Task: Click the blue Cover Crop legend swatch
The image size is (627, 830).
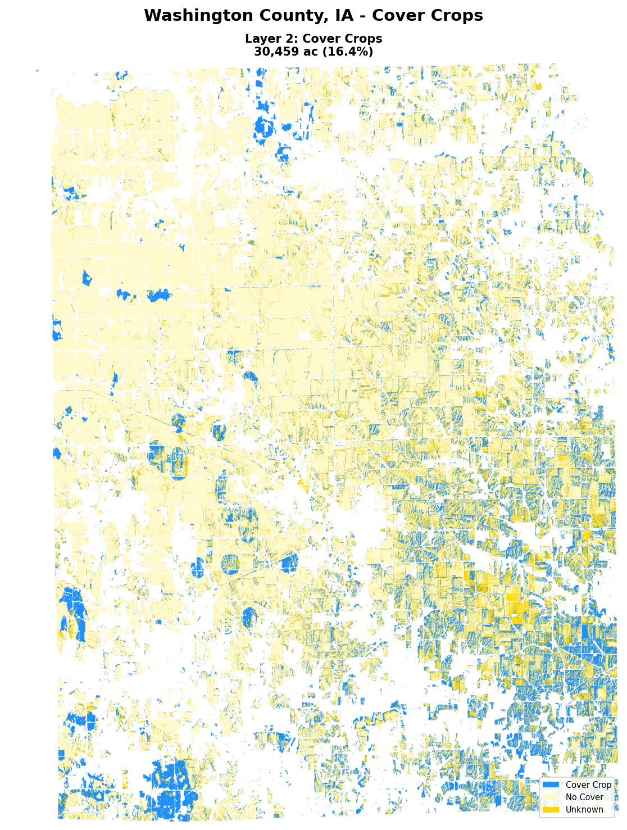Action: (x=551, y=785)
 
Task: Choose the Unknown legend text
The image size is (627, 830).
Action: (x=584, y=810)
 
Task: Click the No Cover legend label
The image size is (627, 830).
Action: (x=584, y=797)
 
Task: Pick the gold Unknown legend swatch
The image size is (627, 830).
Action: (x=551, y=810)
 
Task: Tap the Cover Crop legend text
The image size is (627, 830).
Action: (x=588, y=785)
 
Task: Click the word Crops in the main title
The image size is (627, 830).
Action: (x=455, y=16)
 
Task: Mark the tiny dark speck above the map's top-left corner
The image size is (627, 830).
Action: (x=37, y=70)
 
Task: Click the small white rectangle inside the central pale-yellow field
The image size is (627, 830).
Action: (x=303, y=336)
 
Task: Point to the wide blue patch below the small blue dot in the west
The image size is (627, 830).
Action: (x=158, y=296)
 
